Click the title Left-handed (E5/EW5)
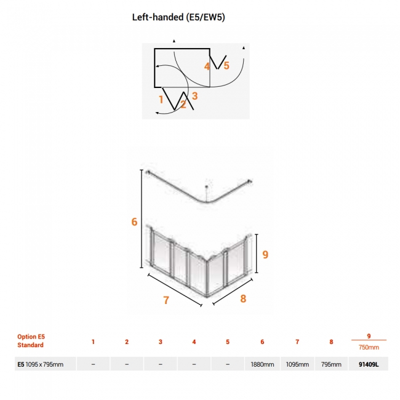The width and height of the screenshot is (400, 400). pyautogui.click(x=178, y=17)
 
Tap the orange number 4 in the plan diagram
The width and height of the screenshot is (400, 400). pyautogui.click(x=207, y=66)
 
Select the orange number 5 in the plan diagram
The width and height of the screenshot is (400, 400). pyautogui.click(x=226, y=66)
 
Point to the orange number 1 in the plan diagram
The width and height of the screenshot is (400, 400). pyautogui.click(x=161, y=100)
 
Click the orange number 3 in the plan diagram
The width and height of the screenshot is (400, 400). pyautogui.click(x=195, y=96)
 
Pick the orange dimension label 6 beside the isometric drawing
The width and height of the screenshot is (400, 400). pyautogui.click(x=134, y=222)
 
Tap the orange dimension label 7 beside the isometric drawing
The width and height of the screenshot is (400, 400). pyautogui.click(x=166, y=300)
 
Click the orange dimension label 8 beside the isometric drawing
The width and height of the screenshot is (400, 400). pyautogui.click(x=243, y=298)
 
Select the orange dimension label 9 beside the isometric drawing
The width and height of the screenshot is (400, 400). pyautogui.click(x=265, y=254)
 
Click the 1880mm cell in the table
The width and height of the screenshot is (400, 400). pyautogui.click(x=262, y=364)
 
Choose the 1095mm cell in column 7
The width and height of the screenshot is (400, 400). pyautogui.click(x=297, y=364)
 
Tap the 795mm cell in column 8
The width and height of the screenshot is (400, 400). pyautogui.click(x=331, y=364)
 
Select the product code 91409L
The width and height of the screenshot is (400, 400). pyautogui.click(x=369, y=364)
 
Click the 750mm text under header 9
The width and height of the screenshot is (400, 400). pyautogui.click(x=369, y=347)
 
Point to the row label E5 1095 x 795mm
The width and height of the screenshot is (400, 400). pyautogui.click(x=40, y=364)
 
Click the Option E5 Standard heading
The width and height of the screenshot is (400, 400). pyautogui.click(x=31, y=341)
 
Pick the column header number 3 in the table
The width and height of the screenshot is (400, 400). pyautogui.click(x=161, y=342)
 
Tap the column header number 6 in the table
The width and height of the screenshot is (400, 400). pyautogui.click(x=262, y=342)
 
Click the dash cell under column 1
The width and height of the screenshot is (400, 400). pyautogui.click(x=93, y=364)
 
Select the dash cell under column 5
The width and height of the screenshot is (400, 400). pyautogui.click(x=228, y=364)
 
